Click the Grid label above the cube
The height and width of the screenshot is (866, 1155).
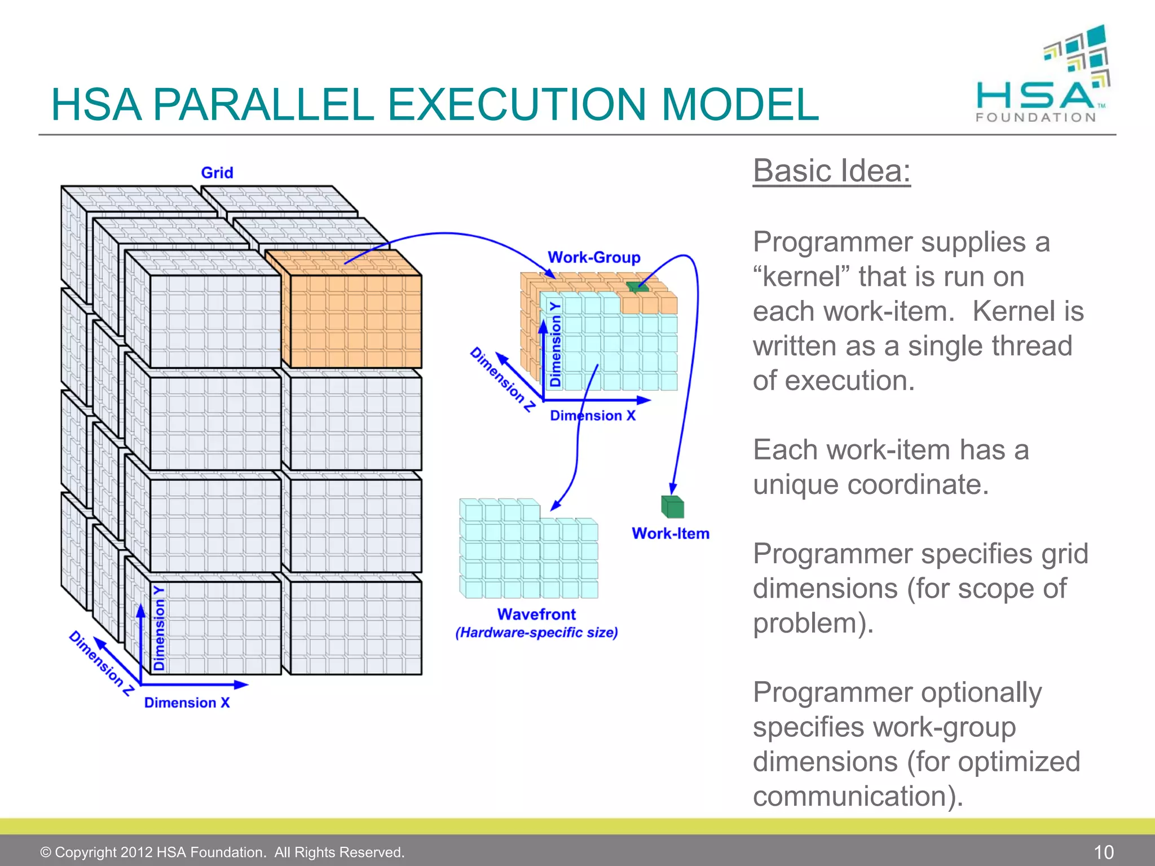217,173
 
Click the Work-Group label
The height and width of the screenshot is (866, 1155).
594,258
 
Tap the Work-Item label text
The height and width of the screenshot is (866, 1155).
670,533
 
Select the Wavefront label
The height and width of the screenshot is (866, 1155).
536,614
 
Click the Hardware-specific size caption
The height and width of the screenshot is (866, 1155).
536,633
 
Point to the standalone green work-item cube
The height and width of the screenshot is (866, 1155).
672,507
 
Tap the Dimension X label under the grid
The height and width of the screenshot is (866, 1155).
187,702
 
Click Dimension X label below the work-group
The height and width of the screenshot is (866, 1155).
593,416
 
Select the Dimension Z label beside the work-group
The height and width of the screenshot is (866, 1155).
502,379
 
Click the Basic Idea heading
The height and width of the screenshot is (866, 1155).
831,170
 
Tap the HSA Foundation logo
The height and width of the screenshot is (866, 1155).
1043,76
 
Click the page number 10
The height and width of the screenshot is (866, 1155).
1104,851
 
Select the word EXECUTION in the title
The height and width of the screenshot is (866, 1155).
516,105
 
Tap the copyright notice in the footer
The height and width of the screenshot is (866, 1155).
222,852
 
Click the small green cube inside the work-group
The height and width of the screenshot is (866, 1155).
638,287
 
